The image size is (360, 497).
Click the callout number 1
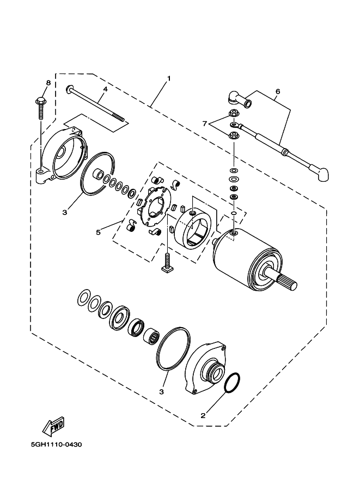click(x=169, y=78)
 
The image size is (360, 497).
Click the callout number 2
click(x=203, y=415)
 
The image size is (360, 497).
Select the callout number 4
click(x=105, y=88)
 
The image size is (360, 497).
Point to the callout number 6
click(x=277, y=91)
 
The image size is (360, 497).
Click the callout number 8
click(x=48, y=83)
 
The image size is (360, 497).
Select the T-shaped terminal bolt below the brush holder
click(x=168, y=265)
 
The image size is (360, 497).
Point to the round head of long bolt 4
click(x=70, y=88)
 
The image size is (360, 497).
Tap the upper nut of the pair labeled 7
click(x=234, y=113)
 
